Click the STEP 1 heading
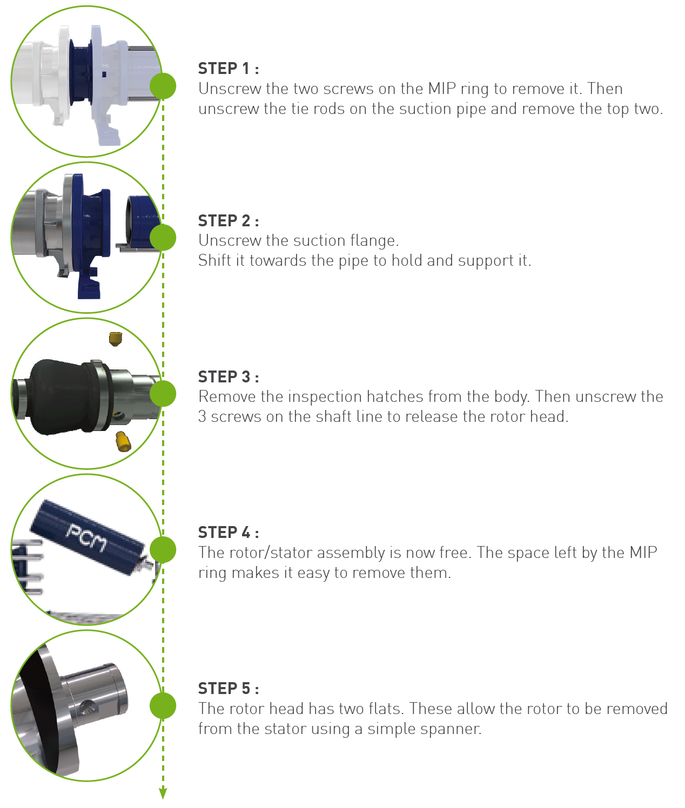point(228,69)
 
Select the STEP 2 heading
point(228,221)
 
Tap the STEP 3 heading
point(228,377)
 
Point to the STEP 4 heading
point(228,533)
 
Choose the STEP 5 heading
point(228,689)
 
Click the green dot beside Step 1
point(163,86)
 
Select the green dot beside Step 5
point(163,705)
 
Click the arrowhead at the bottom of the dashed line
point(163,793)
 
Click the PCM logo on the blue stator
point(86,537)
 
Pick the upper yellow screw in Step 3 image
point(115,339)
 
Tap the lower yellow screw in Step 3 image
point(123,441)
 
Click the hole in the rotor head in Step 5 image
point(86,708)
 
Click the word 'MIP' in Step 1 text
point(441,89)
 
